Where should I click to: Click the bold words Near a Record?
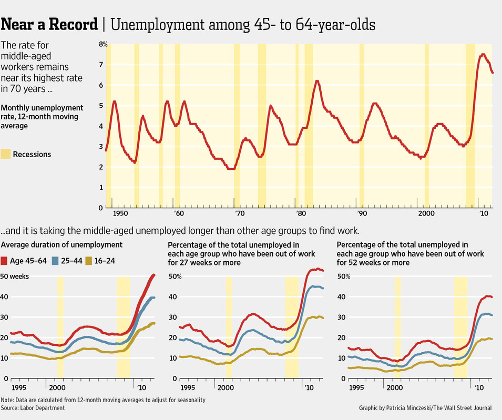[49, 25]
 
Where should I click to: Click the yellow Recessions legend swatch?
[6, 154]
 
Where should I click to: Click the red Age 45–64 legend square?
[5, 261]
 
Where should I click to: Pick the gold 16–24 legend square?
[89, 261]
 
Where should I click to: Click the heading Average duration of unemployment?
[62, 244]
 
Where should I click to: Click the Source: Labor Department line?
[33, 408]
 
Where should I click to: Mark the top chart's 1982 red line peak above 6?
[317, 81]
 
